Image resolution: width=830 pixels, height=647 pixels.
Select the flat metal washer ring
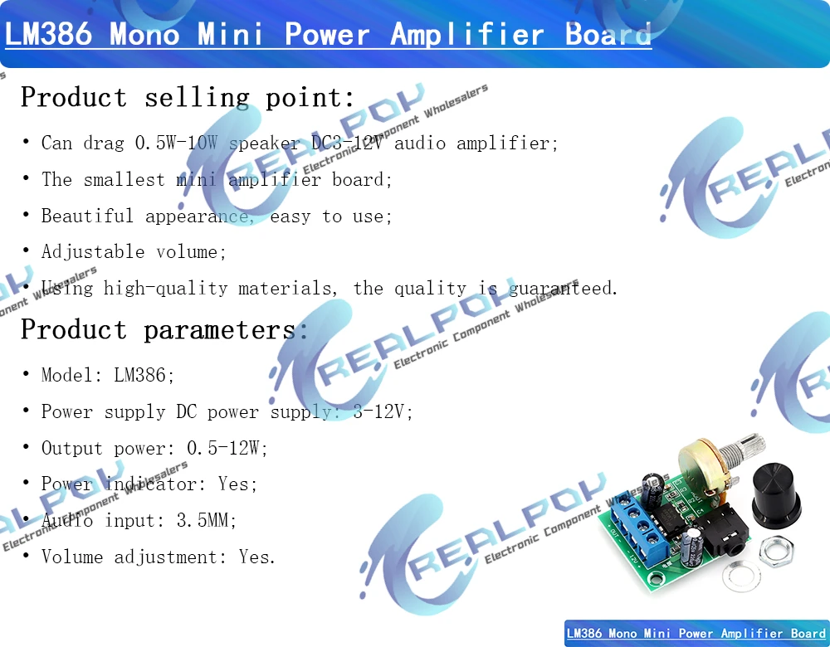point(741,576)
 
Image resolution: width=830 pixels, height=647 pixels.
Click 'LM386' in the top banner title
point(48,33)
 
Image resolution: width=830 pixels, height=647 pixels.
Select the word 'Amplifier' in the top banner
point(466,34)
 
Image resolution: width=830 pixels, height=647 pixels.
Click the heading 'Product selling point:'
point(188,97)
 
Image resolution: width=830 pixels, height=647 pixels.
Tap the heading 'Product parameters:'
point(164,329)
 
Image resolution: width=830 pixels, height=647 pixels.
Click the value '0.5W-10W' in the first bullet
point(176,143)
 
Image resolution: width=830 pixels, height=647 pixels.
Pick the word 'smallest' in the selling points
point(124,179)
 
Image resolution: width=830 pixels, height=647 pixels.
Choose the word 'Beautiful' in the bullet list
point(87,216)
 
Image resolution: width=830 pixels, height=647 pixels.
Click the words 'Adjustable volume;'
point(134,252)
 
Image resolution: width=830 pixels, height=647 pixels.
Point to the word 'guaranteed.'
point(564,289)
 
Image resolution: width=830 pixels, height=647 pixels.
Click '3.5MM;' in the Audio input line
point(207,520)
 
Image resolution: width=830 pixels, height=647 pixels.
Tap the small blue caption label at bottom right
point(696,633)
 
